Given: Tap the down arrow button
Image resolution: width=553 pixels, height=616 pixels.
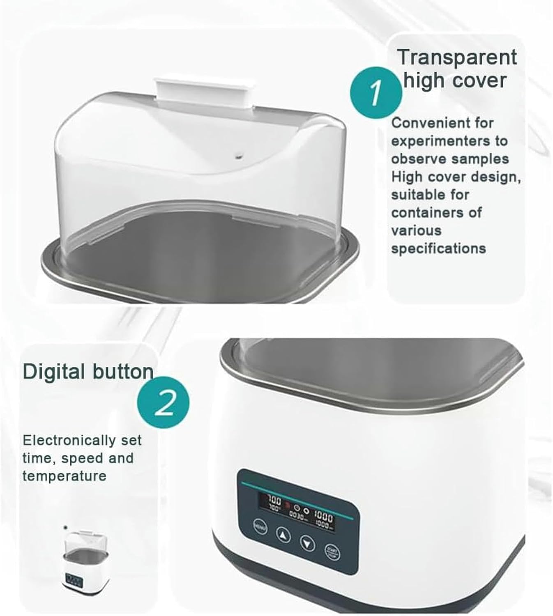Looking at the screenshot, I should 307,543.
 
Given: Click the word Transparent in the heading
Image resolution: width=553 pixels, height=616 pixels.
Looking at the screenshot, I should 457,57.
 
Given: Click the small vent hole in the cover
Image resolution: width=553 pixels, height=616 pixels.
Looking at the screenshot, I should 238,156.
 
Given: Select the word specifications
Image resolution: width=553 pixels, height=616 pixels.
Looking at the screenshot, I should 438,248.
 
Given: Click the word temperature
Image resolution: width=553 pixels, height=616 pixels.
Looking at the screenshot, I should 65,476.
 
